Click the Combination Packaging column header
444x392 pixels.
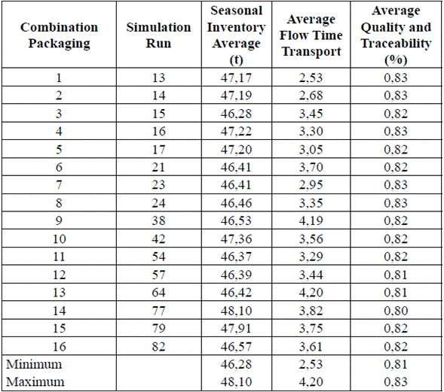click(59, 35)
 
